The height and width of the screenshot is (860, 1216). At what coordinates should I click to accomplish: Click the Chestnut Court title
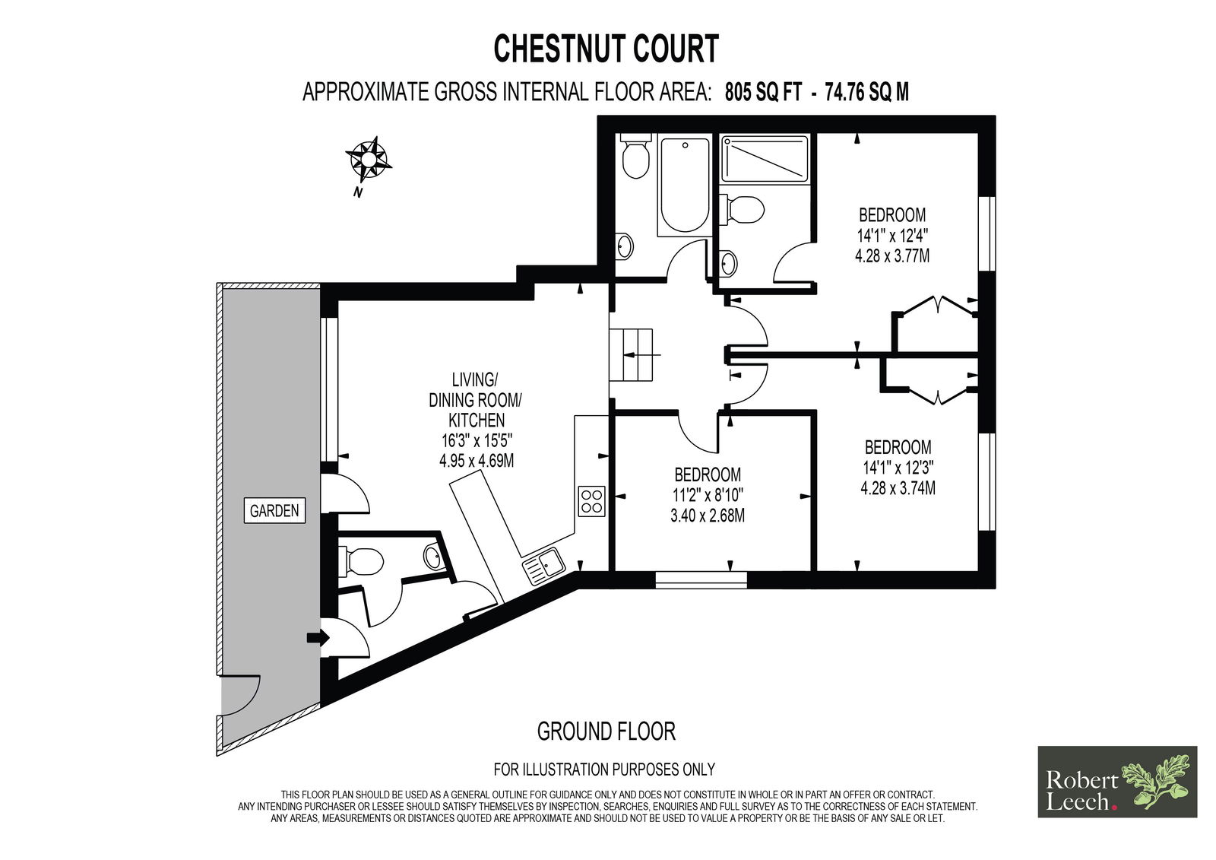[x=606, y=49]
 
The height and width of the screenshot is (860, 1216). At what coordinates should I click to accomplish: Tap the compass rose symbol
[x=368, y=159]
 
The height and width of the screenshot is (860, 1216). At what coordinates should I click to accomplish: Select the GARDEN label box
[x=274, y=510]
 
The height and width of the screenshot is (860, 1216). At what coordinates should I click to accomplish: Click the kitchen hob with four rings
[x=592, y=501]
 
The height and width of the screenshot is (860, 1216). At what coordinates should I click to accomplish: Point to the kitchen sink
[x=544, y=566]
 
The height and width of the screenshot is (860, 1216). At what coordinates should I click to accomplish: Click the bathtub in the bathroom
[x=685, y=185]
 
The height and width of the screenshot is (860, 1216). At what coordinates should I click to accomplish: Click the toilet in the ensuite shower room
[x=743, y=209]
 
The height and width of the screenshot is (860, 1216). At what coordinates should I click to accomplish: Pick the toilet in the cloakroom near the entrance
[x=361, y=560]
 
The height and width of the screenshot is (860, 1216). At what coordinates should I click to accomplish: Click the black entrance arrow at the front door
[x=318, y=637]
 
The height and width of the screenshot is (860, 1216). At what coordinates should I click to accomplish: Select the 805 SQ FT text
[x=763, y=92]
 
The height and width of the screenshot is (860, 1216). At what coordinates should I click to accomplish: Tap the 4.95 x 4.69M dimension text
[x=476, y=461]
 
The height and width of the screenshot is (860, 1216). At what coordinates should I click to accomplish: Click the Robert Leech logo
[x=1117, y=781]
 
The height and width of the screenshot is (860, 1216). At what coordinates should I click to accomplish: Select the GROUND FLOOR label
[x=606, y=731]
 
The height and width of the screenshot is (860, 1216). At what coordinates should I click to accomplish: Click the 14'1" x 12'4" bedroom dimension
[x=892, y=236]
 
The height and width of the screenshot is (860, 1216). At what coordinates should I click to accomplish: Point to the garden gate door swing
[x=242, y=697]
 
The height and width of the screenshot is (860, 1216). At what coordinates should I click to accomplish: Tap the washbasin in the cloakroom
[x=432, y=557]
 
